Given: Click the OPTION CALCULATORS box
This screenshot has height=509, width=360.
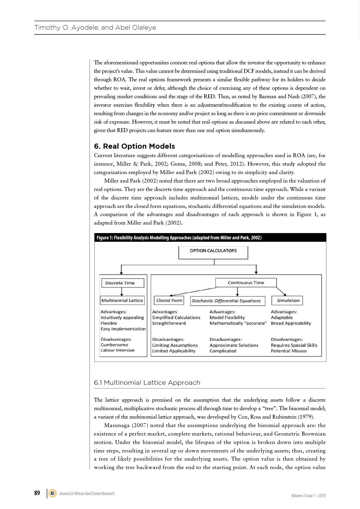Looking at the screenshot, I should (213, 252).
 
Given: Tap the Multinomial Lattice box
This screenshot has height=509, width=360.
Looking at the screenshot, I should (122, 300).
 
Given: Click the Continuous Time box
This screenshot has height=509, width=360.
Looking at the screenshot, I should (246, 283).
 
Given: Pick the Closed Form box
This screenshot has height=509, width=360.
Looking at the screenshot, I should (169, 300).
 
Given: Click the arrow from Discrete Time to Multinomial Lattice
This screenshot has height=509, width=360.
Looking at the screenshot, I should (122, 292).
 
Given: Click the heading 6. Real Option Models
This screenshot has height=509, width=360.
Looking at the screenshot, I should (135, 146).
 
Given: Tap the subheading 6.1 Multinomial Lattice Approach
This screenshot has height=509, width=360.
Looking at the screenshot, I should (147, 383).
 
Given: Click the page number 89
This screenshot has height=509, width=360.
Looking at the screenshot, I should (37, 493).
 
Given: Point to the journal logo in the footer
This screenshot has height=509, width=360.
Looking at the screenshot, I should (53, 493).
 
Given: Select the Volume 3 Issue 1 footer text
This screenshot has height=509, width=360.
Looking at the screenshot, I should (308, 495).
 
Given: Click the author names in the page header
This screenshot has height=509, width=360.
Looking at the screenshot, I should (95, 28).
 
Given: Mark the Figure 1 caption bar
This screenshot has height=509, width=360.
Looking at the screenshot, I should (210, 238).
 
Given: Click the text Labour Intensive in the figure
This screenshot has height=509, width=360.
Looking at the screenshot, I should (118, 350).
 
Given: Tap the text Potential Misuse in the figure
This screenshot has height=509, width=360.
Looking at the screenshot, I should (289, 351).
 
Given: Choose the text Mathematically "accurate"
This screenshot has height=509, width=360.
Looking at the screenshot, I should (238, 323).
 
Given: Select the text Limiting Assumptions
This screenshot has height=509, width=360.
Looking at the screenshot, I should (175, 345).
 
